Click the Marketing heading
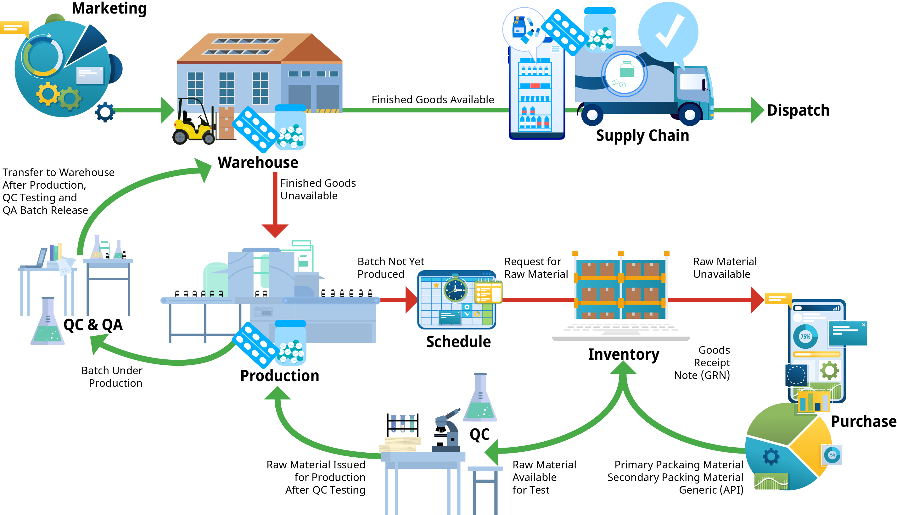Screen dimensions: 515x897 (x=109, y=9)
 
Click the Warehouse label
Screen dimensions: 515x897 (x=258, y=163)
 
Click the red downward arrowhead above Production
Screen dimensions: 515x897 (x=275, y=231)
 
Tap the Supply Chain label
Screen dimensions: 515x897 (x=642, y=135)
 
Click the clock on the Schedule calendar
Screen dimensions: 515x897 (x=455, y=290)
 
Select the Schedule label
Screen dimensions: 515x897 (x=458, y=342)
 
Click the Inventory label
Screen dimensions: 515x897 (x=623, y=354)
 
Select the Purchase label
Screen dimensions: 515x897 (x=863, y=421)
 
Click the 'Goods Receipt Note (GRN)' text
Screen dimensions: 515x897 (x=704, y=363)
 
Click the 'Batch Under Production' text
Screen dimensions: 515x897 (x=112, y=377)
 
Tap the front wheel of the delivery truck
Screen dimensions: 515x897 (x=690, y=114)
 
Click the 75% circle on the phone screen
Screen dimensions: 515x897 (x=805, y=336)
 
